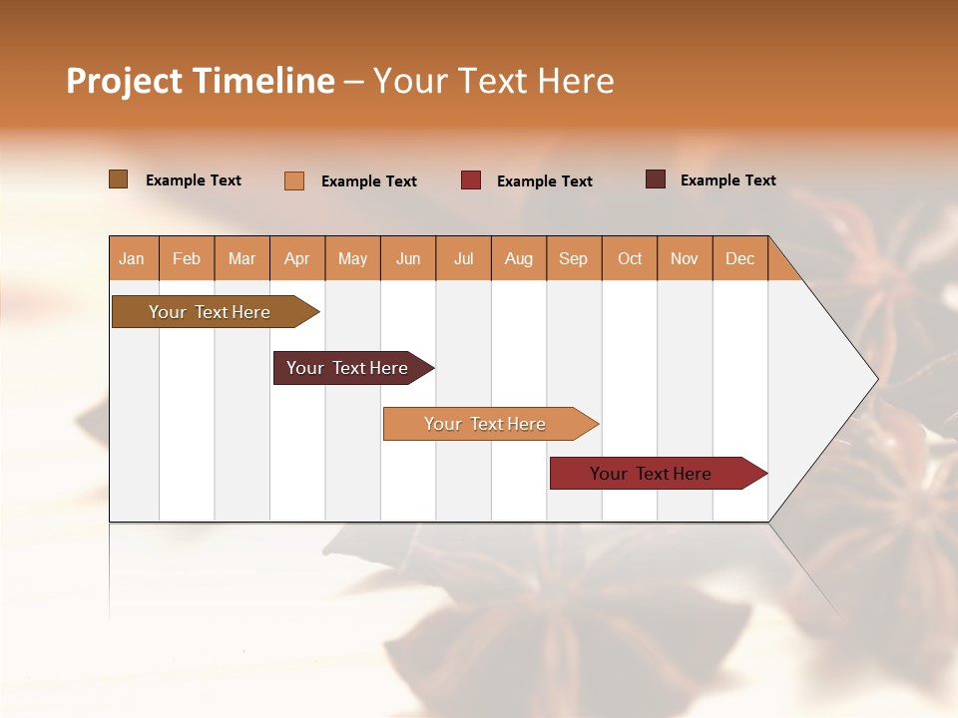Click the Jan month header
point(133,258)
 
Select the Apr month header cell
point(297,258)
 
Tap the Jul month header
point(463,258)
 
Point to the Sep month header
point(574,258)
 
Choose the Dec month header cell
point(739,258)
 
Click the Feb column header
point(187,258)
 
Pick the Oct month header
point(630,258)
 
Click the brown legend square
point(118,179)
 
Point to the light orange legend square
point(294,180)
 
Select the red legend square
point(471,180)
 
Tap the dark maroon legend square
point(656,179)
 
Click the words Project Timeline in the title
point(201,81)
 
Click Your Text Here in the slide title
point(493,81)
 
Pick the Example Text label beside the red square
point(544,181)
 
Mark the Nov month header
point(685,258)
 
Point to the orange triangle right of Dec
point(781,266)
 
